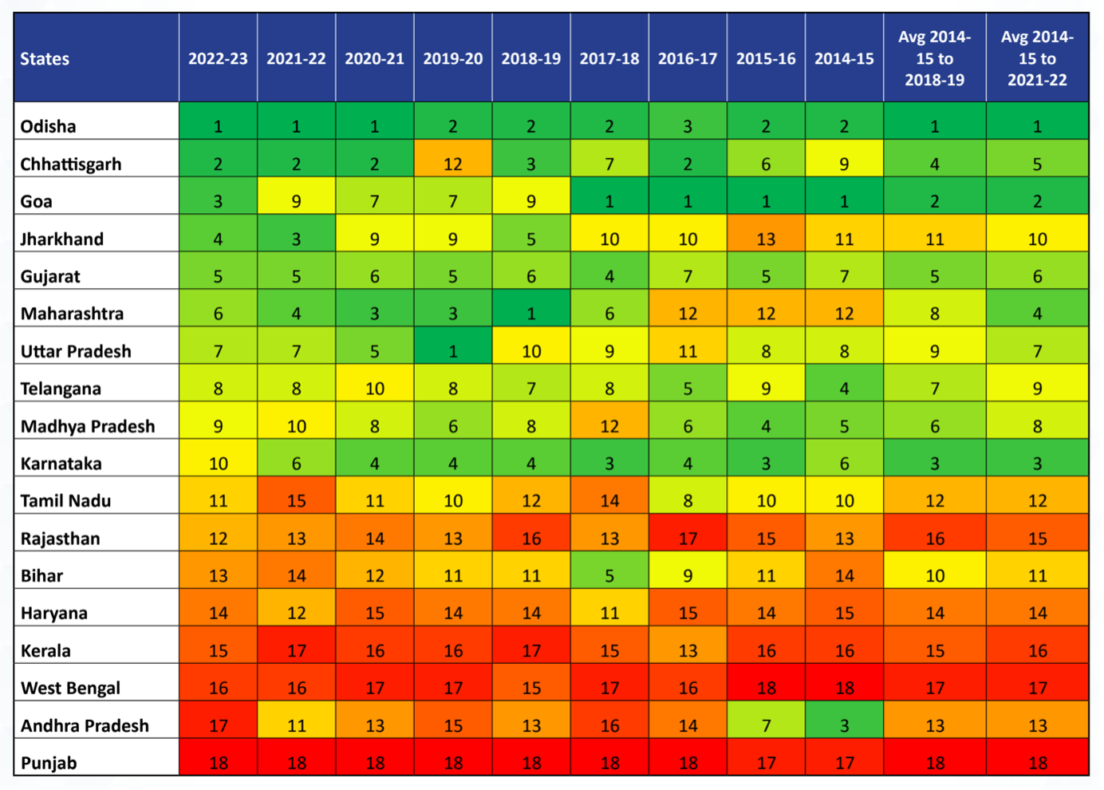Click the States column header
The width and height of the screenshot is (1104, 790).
point(45,58)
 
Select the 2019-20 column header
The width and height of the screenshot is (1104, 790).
point(452,58)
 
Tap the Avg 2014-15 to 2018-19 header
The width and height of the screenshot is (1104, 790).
point(934,58)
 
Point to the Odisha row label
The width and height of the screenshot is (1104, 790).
point(49,126)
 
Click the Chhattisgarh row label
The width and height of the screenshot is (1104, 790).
point(71,164)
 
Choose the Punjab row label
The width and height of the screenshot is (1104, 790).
point(49,762)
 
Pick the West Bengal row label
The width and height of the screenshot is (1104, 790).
point(70,687)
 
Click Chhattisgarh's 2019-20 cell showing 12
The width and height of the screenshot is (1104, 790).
point(452,164)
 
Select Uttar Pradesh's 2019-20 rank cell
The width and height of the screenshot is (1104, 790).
point(452,350)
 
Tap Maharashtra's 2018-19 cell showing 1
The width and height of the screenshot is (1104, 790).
point(530,313)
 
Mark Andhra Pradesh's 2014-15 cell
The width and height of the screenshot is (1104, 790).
point(844,725)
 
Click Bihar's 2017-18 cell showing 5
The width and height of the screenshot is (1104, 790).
point(609,575)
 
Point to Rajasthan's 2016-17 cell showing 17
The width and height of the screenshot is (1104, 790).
point(687,538)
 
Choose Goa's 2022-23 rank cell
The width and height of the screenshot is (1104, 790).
point(218,201)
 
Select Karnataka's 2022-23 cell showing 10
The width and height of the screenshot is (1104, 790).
point(218,463)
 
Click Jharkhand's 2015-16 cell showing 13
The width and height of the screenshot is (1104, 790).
point(766,239)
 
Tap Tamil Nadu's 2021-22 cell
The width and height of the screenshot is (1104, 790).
point(296,500)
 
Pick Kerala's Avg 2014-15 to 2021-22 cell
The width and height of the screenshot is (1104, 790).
point(1037,650)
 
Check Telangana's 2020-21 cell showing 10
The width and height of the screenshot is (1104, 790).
point(374,388)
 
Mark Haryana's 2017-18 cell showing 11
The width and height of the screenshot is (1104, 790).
point(609,612)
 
